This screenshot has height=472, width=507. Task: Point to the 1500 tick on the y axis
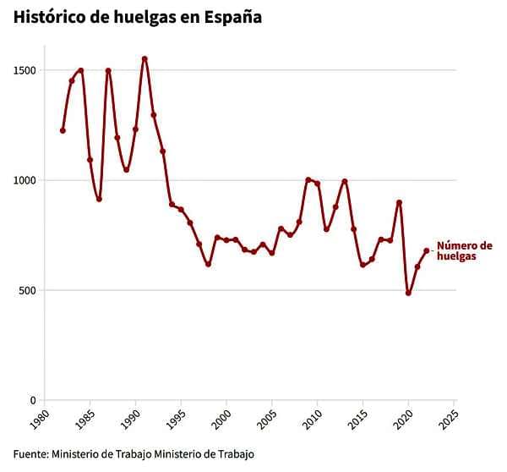click(24, 70)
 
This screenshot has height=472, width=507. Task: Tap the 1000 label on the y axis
click(24, 180)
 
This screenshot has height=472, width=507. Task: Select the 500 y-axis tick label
click(27, 290)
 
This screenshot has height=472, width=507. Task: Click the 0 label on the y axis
click(32, 400)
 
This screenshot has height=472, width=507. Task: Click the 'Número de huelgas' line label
click(463, 252)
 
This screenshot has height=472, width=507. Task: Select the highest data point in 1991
click(144, 58)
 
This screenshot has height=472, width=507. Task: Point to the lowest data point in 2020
click(408, 293)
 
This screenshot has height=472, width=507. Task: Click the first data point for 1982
click(63, 130)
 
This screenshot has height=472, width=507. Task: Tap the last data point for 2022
click(427, 250)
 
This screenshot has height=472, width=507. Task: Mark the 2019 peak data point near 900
click(399, 202)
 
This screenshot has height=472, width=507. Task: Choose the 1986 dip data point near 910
click(99, 200)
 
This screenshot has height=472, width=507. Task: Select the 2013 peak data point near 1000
click(345, 181)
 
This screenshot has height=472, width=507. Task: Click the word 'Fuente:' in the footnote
click(30, 454)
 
